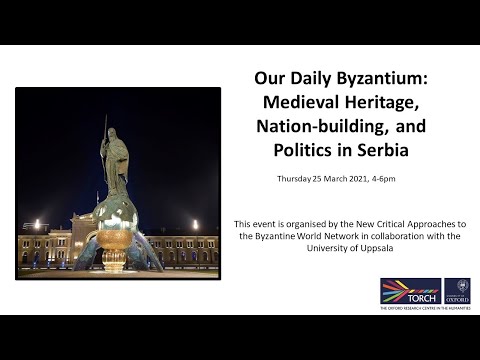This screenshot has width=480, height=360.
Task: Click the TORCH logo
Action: tap(410, 291)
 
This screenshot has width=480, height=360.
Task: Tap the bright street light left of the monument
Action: tap(38, 226)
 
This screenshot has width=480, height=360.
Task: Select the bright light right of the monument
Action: tap(195, 226)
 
